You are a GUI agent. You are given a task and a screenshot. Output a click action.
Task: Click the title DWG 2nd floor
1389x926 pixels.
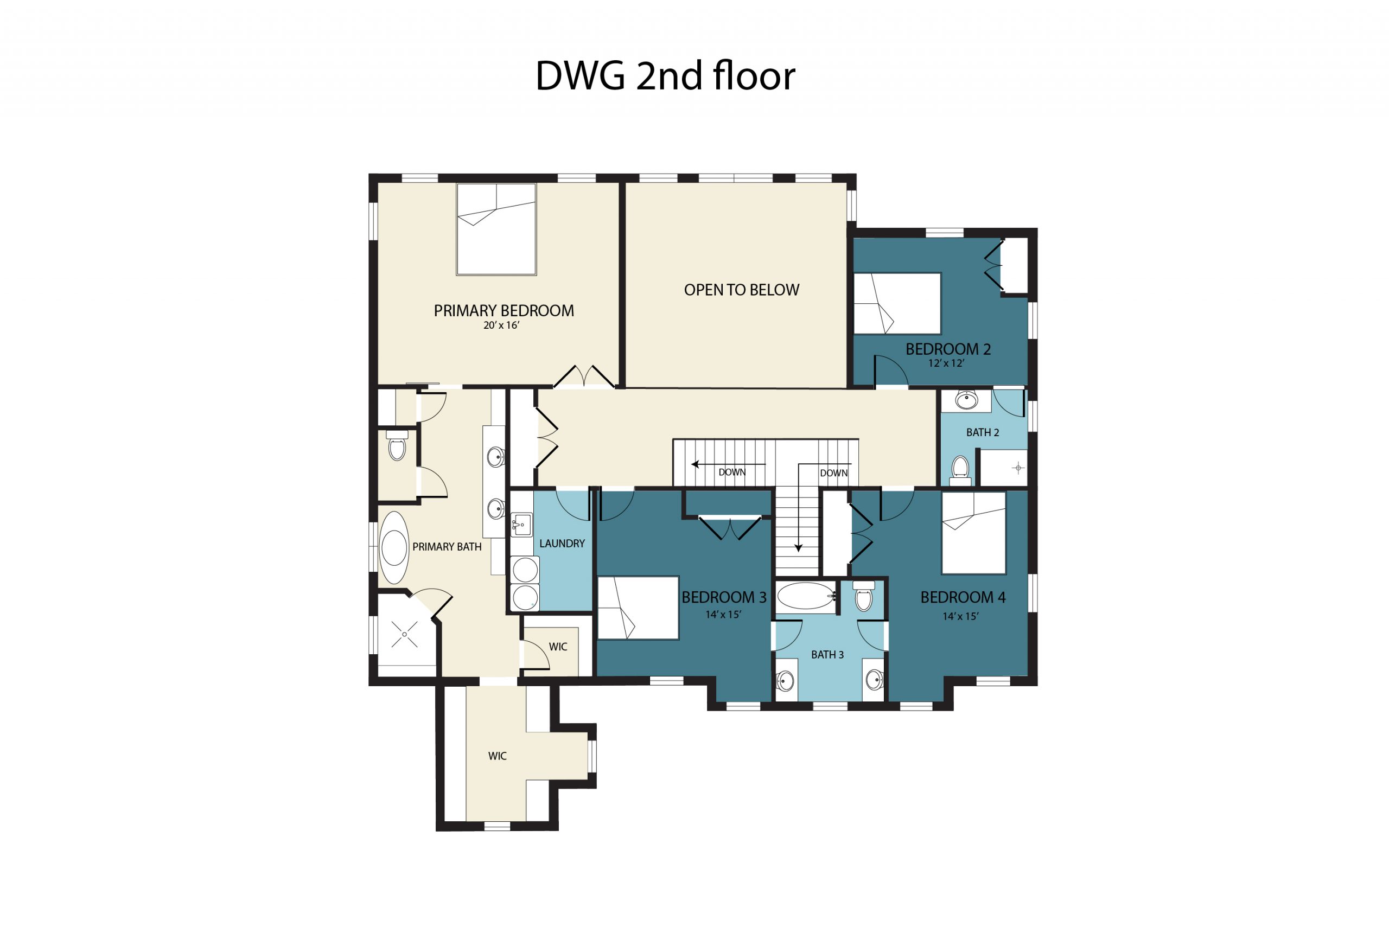[x=665, y=76]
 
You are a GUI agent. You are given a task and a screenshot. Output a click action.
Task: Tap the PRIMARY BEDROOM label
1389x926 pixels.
[x=503, y=311]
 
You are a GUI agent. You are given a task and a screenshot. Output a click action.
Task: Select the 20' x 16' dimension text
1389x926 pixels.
[x=501, y=325]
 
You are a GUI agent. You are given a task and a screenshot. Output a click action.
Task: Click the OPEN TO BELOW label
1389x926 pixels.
[x=741, y=290]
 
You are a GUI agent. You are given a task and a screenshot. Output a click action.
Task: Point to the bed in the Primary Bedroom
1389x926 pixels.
[x=496, y=229]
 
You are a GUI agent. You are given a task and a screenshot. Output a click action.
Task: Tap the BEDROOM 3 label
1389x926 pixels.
[x=723, y=597]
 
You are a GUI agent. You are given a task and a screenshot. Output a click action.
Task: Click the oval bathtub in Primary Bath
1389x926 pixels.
[x=394, y=547]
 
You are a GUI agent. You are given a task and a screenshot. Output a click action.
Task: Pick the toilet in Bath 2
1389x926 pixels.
[x=960, y=468]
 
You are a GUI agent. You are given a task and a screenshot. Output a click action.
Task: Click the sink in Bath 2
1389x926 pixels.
[x=966, y=400]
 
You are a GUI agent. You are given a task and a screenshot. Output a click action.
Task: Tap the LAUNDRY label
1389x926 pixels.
[x=562, y=544]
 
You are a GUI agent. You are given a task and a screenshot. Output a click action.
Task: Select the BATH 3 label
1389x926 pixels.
[x=827, y=654]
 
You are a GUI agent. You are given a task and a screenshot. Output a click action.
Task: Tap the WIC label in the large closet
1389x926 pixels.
[x=496, y=756]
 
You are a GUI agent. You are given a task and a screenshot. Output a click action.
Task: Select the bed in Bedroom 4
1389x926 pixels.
[x=973, y=533]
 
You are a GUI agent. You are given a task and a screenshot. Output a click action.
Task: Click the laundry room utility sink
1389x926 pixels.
[x=521, y=525]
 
